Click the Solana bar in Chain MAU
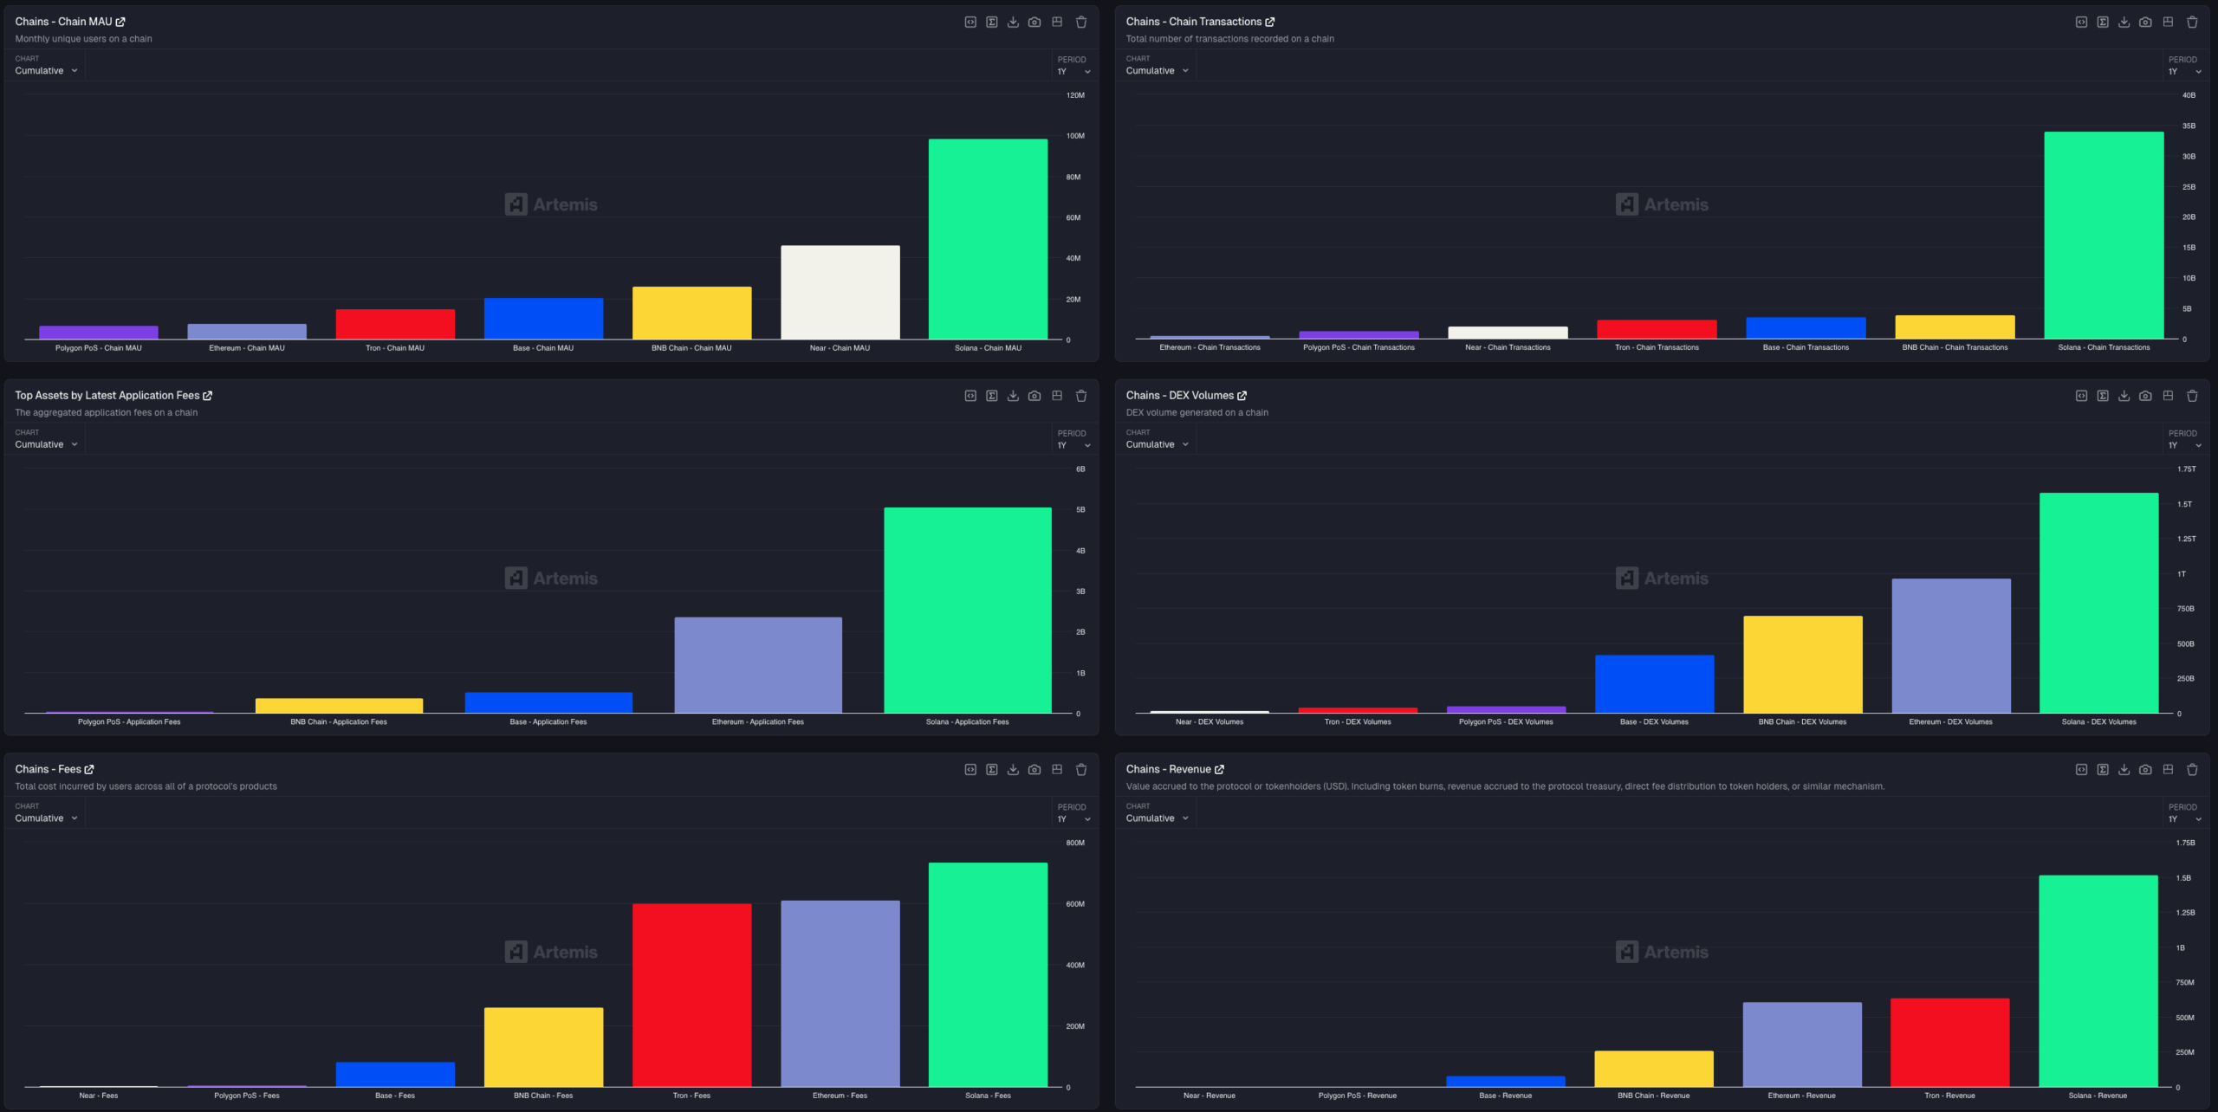pos(988,238)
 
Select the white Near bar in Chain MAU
pos(840,292)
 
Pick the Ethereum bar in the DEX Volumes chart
pos(1950,645)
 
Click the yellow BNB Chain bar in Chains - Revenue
pos(1653,1068)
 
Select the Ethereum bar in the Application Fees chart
pos(758,664)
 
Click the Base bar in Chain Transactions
pos(1806,327)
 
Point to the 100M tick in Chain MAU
pos(1074,136)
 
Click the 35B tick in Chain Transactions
pos(2189,126)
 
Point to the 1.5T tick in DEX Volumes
pos(2184,504)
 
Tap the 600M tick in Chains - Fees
pos(1074,904)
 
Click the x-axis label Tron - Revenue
pos(1949,1096)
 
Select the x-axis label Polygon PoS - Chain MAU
pos(99,348)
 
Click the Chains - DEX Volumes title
pos(1179,396)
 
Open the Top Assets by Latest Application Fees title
pos(107,396)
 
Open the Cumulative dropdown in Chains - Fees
pos(46,818)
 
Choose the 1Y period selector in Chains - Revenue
pos(2183,819)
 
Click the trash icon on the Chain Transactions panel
pos(2192,23)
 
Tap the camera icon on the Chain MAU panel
pos(1034,23)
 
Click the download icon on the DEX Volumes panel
pos(2124,396)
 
